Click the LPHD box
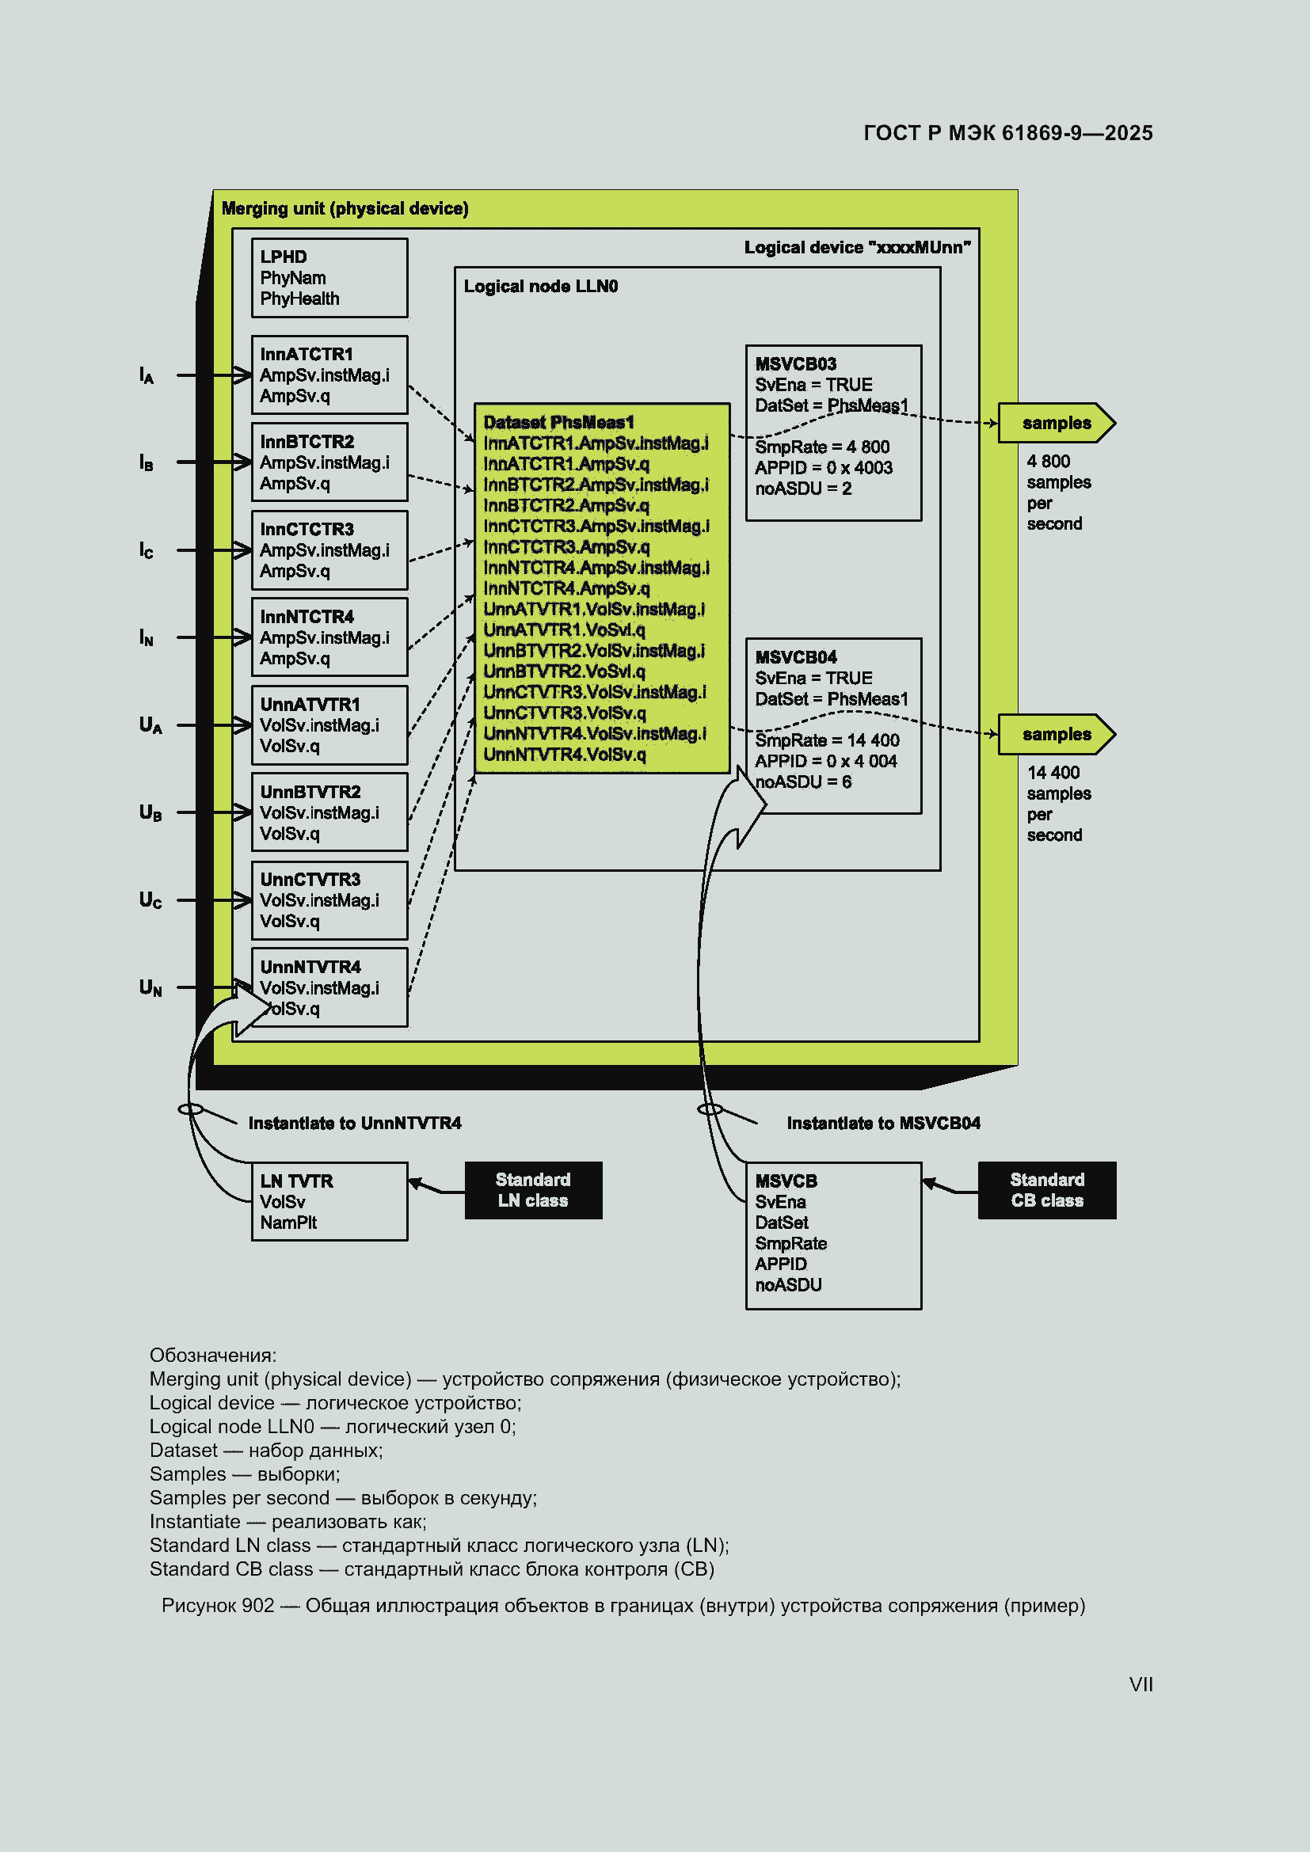click(329, 277)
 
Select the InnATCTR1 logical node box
click(329, 375)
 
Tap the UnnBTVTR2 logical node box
click(329, 812)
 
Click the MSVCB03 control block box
click(833, 433)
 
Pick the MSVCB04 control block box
click(833, 726)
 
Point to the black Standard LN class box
click(533, 1190)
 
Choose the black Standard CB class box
click(1047, 1190)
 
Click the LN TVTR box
click(329, 1201)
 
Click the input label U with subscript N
click(150, 988)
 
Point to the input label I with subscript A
click(146, 376)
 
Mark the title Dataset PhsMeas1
click(558, 422)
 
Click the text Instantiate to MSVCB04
click(883, 1123)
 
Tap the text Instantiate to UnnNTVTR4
click(355, 1123)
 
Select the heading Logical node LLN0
click(540, 287)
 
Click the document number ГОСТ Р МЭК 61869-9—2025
click(1007, 133)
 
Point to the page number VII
click(1141, 1684)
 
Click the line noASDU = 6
click(802, 781)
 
